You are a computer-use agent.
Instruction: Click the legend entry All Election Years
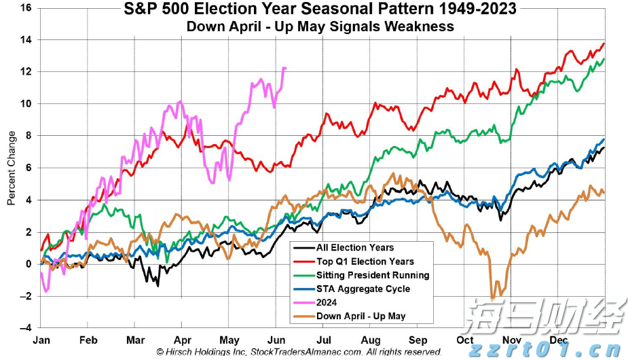click(354, 247)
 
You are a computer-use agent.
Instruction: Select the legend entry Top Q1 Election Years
click(365, 261)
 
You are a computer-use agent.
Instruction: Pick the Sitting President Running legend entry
click(373, 275)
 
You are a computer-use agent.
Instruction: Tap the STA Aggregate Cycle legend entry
click(363, 289)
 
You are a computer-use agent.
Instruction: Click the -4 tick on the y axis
click(26, 327)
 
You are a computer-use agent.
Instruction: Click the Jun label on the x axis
click(276, 339)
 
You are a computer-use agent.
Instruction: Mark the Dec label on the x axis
click(558, 339)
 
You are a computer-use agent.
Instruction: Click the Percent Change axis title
click(12, 168)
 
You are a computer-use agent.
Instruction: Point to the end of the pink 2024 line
click(285, 68)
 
